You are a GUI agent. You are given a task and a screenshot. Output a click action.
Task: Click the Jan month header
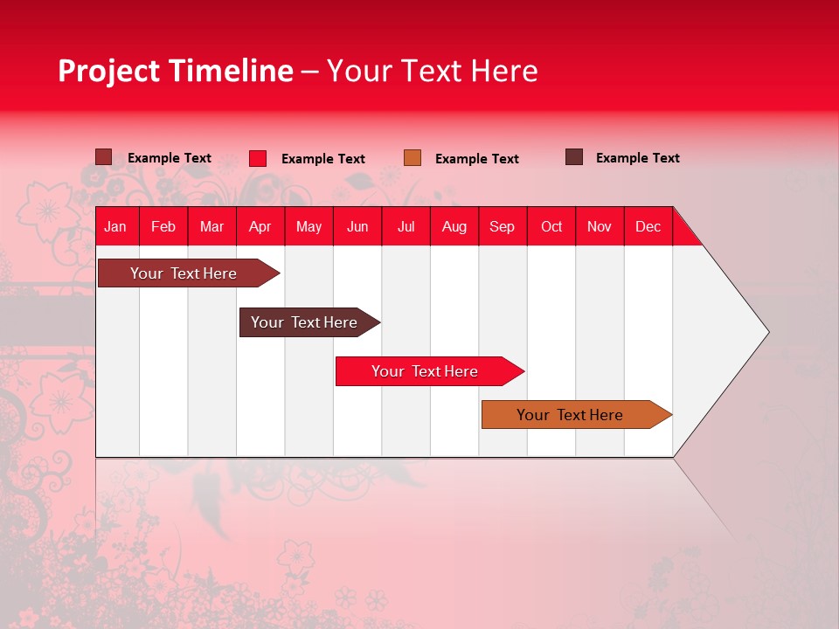click(x=116, y=227)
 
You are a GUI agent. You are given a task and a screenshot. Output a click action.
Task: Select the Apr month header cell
click(x=260, y=227)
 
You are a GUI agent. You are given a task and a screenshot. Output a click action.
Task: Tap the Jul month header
click(x=406, y=227)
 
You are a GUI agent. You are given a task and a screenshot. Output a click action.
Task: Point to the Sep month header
click(x=503, y=227)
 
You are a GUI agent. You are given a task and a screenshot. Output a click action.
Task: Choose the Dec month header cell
click(x=648, y=227)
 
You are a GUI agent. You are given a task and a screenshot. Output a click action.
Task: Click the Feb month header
click(x=163, y=227)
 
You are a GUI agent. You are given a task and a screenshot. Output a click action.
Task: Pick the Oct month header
click(x=551, y=227)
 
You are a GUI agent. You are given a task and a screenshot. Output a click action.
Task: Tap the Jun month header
click(x=357, y=227)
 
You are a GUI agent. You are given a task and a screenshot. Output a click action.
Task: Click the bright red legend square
click(x=258, y=158)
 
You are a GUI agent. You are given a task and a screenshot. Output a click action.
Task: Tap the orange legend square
click(x=413, y=158)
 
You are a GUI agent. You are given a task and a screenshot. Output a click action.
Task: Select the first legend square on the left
click(x=103, y=157)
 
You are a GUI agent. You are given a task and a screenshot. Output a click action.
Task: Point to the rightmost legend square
click(x=574, y=157)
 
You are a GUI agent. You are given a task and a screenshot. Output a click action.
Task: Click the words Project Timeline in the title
click(x=175, y=71)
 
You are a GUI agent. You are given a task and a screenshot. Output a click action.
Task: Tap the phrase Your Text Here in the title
click(x=432, y=71)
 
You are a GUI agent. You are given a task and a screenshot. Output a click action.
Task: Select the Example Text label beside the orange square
click(x=476, y=159)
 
